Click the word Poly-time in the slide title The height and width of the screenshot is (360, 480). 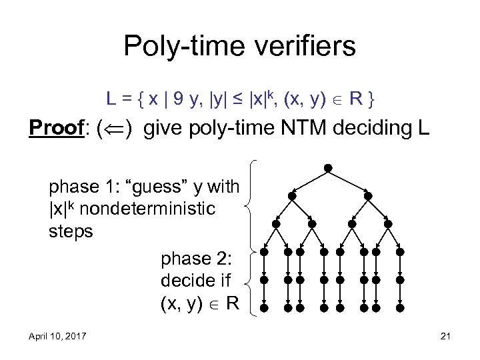[x=175, y=47]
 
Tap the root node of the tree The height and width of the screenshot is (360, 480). [x=328, y=167]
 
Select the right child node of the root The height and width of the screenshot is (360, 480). [x=368, y=197]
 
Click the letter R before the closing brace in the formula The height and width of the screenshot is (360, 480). [x=357, y=100]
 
